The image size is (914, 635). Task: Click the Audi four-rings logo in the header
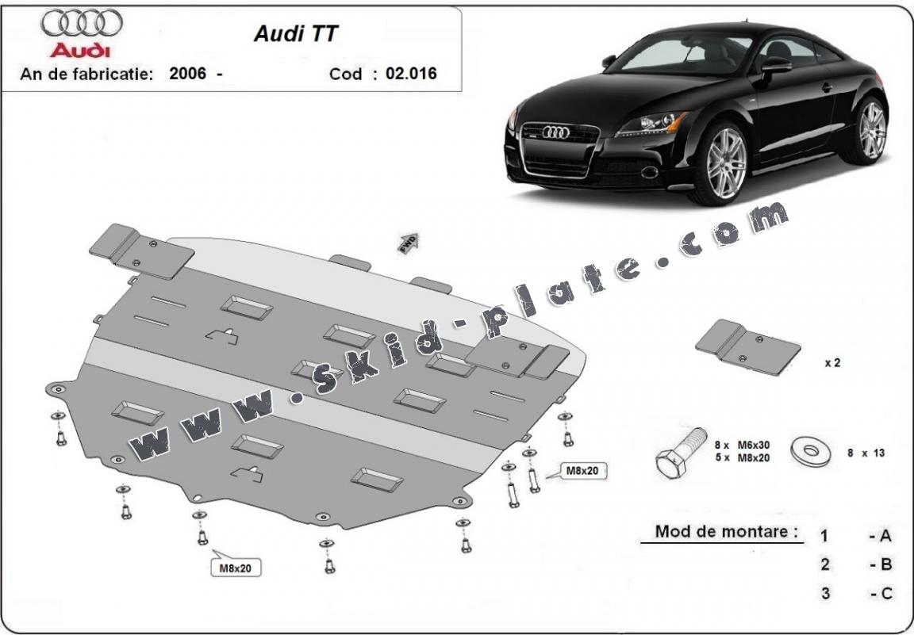[82, 24]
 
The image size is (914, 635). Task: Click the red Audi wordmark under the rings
[81, 50]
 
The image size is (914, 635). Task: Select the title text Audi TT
[295, 33]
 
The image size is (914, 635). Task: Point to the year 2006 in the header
[187, 74]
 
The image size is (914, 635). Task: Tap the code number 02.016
[411, 74]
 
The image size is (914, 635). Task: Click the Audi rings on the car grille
[555, 132]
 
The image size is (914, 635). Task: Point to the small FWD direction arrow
[409, 242]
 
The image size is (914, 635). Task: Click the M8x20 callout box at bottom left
[236, 567]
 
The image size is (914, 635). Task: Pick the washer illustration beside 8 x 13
[811, 453]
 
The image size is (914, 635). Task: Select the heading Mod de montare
[726, 531]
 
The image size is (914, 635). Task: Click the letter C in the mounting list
[885, 593]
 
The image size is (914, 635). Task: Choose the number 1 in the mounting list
[825, 536]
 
